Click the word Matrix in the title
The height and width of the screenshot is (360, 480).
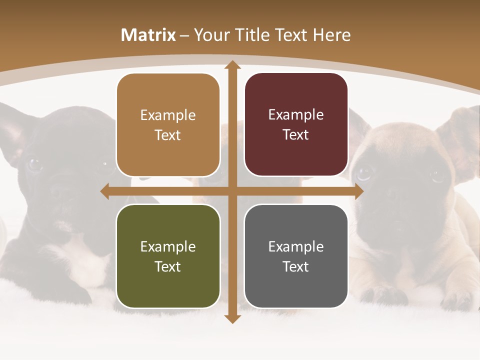[148, 35]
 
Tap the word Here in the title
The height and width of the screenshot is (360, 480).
[332, 35]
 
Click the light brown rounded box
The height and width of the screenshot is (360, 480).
[168, 125]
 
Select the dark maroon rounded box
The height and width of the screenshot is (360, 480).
[296, 124]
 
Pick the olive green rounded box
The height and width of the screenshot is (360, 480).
[168, 256]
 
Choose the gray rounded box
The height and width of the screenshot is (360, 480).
[296, 256]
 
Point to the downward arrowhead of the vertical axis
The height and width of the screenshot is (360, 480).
[232, 319]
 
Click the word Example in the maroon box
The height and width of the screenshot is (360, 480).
[296, 115]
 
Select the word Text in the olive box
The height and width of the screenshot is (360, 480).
[168, 266]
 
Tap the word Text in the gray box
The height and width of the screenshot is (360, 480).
[296, 266]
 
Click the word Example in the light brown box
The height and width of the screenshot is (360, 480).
[168, 115]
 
